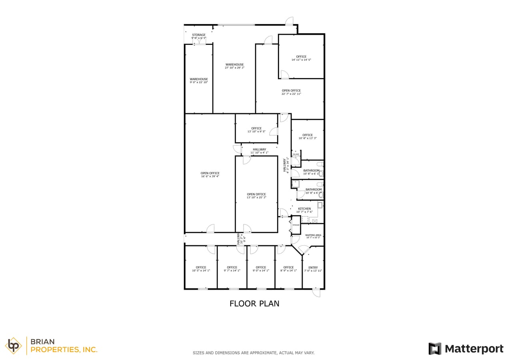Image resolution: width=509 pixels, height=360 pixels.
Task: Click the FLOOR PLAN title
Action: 254,304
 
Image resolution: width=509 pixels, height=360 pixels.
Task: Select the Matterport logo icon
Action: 435,348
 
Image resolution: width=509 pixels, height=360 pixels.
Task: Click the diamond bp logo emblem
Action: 14,346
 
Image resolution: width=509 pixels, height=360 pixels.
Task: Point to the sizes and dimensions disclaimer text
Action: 254,353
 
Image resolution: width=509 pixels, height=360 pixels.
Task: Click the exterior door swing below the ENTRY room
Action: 316,293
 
